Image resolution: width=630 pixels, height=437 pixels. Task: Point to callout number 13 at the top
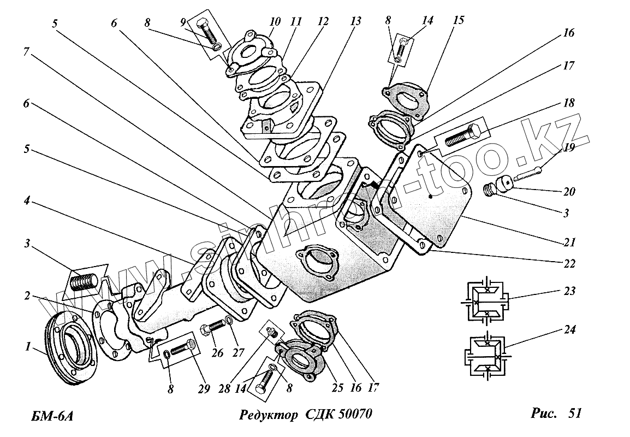point(356,21)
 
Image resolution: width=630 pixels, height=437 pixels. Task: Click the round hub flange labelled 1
point(70,349)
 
